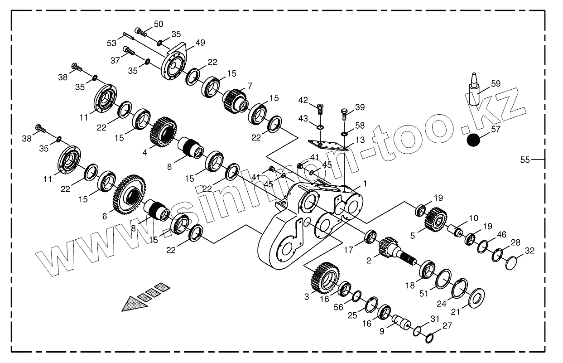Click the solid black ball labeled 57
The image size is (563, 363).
[473, 140]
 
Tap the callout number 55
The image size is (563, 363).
[525, 160]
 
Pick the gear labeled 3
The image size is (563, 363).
[324, 277]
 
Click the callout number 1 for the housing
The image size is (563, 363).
[365, 183]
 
